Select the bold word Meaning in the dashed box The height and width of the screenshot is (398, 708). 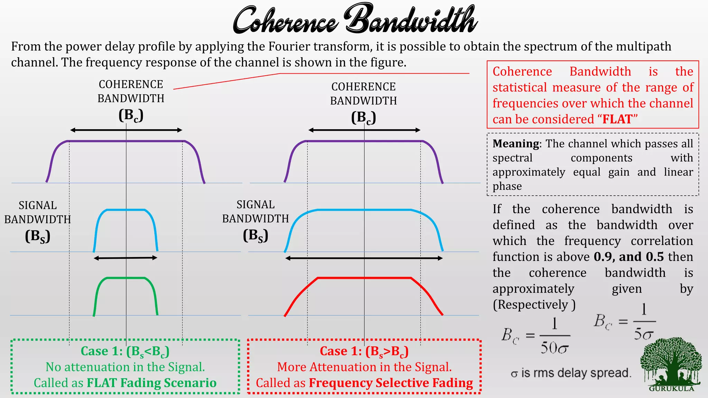[x=515, y=143]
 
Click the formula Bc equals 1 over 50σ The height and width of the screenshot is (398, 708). [x=536, y=336]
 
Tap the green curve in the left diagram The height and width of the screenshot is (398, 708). [x=126, y=278]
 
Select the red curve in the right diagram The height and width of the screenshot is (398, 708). [x=364, y=278]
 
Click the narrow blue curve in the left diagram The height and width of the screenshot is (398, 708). [x=126, y=210]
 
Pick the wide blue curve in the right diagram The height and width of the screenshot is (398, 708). [x=364, y=210]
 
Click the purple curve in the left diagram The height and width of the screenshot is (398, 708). [x=126, y=141]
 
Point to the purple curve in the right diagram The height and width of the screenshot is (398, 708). [x=364, y=141]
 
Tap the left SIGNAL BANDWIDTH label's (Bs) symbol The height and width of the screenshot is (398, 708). [x=38, y=236]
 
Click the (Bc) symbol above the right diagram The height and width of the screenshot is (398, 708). [x=363, y=118]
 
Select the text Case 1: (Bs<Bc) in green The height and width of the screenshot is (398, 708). [x=125, y=351]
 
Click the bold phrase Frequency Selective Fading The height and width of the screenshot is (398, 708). [x=391, y=383]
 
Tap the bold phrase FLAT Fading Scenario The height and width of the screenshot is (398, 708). [x=151, y=383]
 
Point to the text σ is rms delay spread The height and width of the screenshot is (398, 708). [x=571, y=373]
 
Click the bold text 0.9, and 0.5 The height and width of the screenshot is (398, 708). [x=629, y=257]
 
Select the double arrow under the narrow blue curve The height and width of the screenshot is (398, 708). [x=125, y=258]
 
